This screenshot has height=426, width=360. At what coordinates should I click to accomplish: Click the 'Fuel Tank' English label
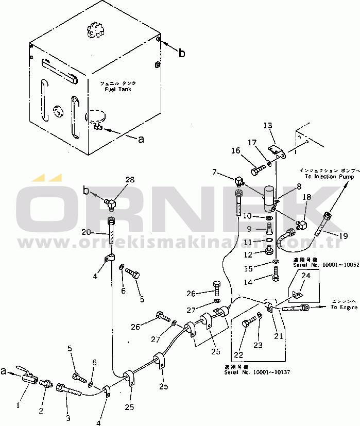click(117, 89)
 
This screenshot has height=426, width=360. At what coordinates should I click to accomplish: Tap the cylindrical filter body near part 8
click(267, 199)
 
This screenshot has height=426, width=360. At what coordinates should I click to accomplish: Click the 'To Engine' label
click(344, 308)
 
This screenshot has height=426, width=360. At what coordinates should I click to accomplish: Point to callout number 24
click(305, 276)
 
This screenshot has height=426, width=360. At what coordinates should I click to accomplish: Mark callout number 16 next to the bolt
click(235, 150)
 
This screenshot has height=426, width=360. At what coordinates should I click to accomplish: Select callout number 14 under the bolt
click(263, 282)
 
